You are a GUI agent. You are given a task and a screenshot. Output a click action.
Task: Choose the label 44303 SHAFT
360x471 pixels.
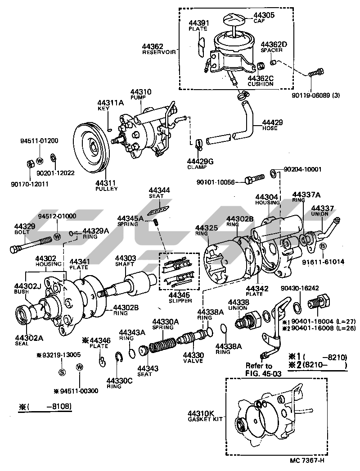(x=124, y=261)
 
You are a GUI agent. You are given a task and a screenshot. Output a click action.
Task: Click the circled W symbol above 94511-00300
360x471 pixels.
(x=80, y=367)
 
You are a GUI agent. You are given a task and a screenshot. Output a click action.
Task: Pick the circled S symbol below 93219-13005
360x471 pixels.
(x=62, y=372)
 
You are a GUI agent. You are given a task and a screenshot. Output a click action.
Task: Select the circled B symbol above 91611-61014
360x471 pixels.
(x=323, y=246)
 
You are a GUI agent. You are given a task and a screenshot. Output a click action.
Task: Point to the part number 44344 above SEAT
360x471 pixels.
(x=159, y=191)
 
